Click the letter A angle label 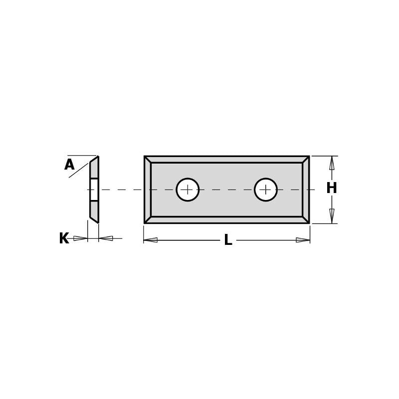tap(69, 165)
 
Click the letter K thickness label tap(64, 239)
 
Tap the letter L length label tap(228, 240)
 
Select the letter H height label tap(332, 189)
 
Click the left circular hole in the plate tap(188, 190)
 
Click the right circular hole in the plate tap(266, 190)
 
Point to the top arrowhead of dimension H tap(332, 163)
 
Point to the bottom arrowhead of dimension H tap(332, 215)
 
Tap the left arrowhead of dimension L tap(151, 240)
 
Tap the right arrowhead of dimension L tap(303, 240)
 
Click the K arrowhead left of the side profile tap(80, 238)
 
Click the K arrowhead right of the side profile tap(106, 238)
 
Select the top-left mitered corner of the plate tap(148, 160)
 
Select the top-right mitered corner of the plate tap(306, 160)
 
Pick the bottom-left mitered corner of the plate tap(148, 219)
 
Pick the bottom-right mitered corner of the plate tap(306, 219)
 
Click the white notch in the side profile tap(94, 190)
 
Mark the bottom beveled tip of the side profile tap(95, 219)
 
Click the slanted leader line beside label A tap(78, 171)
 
